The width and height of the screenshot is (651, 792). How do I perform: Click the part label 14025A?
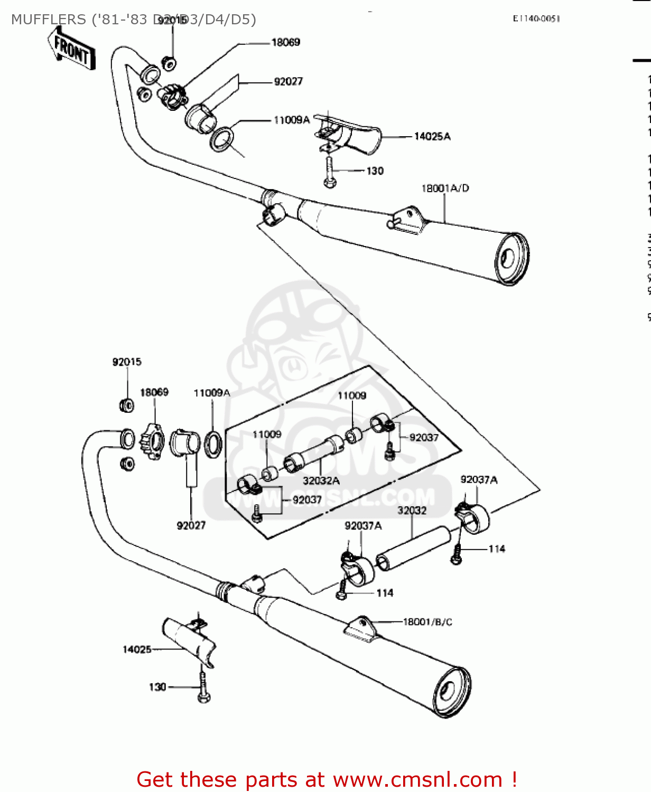[x=432, y=137]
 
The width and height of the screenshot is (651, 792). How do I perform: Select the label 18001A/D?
[x=445, y=188]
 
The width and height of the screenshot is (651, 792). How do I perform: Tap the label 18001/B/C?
[x=427, y=622]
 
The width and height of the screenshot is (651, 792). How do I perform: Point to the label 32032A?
[x=321, y=480]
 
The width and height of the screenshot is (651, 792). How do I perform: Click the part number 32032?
[x=412, y=511]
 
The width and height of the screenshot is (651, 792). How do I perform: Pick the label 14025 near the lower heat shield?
[x=137, y=649]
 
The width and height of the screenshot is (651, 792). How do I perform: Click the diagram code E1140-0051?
[x=536, y=18]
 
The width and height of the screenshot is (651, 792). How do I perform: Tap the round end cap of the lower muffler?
[x=451, y=692]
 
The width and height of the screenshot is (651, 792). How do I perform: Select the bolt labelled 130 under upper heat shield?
[x=329, y=172]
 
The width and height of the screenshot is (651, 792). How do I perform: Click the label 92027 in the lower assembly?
[x=191, y=525]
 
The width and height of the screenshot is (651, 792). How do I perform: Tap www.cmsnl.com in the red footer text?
[x=417, y=779]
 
